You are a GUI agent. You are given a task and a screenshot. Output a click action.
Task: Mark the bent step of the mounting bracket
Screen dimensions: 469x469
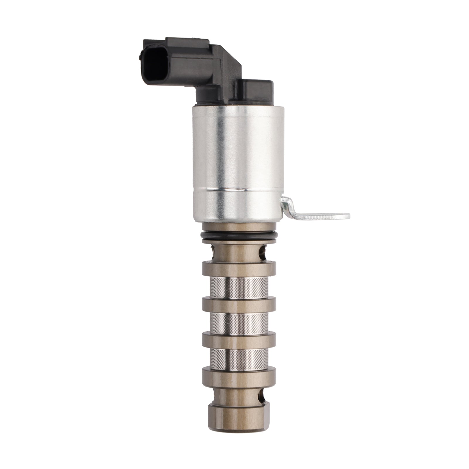[289, 205]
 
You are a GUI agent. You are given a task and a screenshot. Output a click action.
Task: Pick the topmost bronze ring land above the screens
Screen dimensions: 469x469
[239, 269]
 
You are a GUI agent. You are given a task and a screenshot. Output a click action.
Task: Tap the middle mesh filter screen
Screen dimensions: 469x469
[239, 324]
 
